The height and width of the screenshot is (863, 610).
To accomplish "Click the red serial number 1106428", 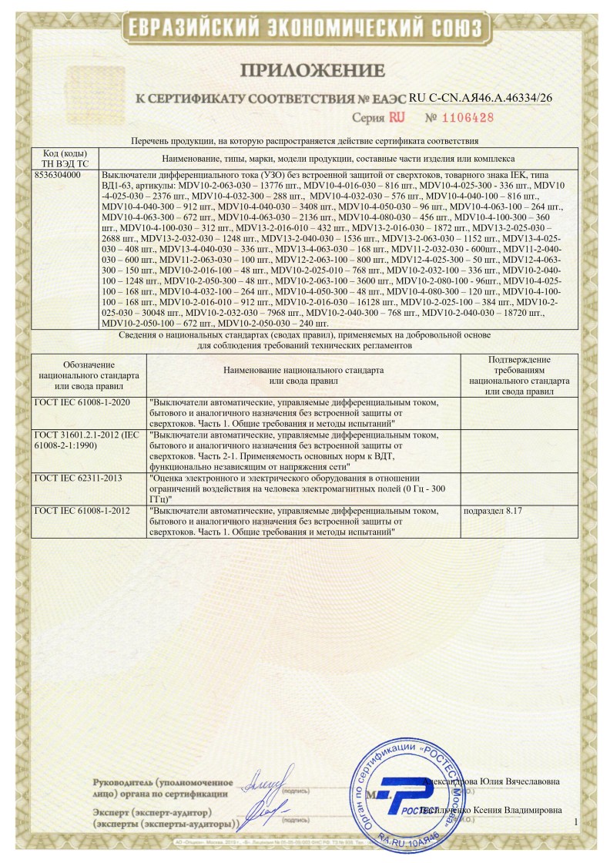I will (460, 119).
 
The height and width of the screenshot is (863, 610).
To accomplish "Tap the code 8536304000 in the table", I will (59, 176).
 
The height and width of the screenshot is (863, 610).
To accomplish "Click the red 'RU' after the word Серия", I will (397, 119).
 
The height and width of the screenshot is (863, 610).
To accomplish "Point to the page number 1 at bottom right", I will (575, 824).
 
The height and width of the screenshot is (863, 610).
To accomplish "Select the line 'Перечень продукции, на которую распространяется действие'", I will (305, 142).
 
